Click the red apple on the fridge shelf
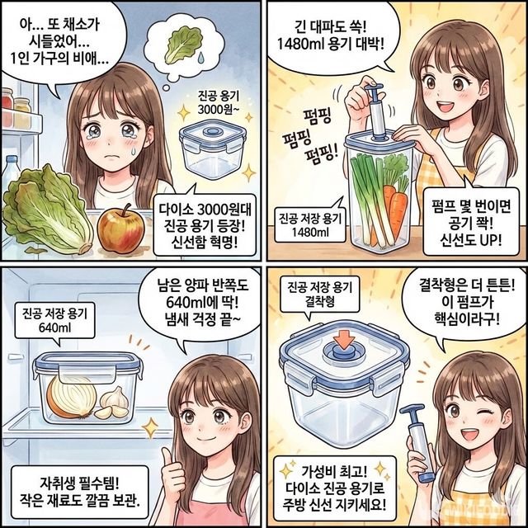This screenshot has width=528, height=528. click(120, 229)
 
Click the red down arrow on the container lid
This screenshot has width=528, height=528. click(344, 339)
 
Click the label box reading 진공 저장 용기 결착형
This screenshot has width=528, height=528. click(319, 294)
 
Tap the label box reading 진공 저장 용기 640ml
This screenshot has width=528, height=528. click(54, 321)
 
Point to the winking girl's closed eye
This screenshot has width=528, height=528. click(485, 412)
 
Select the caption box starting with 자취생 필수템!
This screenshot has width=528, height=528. click(79, 492)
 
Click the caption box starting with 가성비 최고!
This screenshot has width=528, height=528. click(335, 488)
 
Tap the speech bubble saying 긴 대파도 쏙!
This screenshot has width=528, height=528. click(332, 35)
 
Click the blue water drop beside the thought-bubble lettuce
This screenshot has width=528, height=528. click(201, 57)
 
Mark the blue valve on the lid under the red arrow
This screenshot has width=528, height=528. click(343, 352)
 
